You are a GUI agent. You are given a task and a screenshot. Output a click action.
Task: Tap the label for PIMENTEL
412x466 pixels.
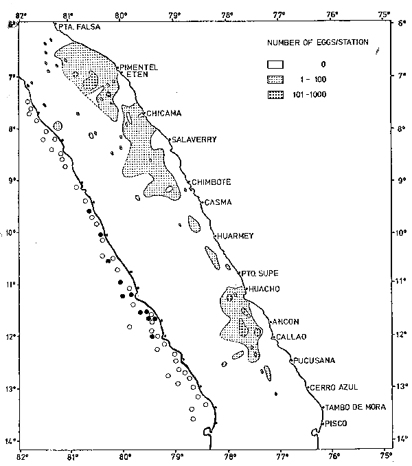point(140,67)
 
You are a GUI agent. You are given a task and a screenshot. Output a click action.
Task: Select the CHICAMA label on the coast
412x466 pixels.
point(163,113)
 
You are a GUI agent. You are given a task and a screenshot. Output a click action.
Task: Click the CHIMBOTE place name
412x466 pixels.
point(211,182)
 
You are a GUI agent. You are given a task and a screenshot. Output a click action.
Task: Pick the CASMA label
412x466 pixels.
point(218,202)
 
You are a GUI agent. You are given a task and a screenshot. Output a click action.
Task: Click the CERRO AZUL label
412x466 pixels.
point(334,388)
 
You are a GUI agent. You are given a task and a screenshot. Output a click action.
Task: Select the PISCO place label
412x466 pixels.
point(337,423)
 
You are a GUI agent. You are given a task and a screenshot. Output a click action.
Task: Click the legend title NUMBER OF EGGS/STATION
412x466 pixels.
point(318,43)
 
